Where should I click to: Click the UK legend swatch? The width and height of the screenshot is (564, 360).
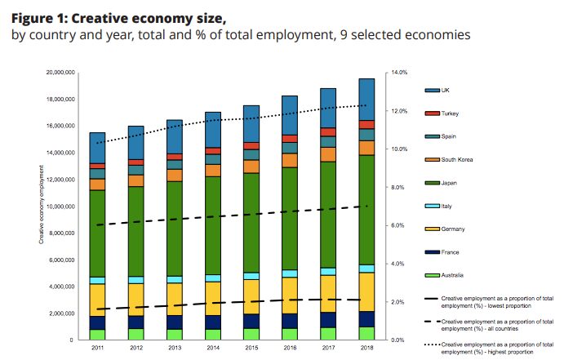tap(432, 90)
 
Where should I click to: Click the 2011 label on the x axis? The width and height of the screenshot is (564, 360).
tap(97, 347)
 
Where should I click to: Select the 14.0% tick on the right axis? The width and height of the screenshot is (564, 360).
tap(400, 73)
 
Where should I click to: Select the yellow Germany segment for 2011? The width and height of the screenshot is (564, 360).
tap(97, 300)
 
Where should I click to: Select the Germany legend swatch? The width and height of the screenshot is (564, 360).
tap(432, 229)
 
